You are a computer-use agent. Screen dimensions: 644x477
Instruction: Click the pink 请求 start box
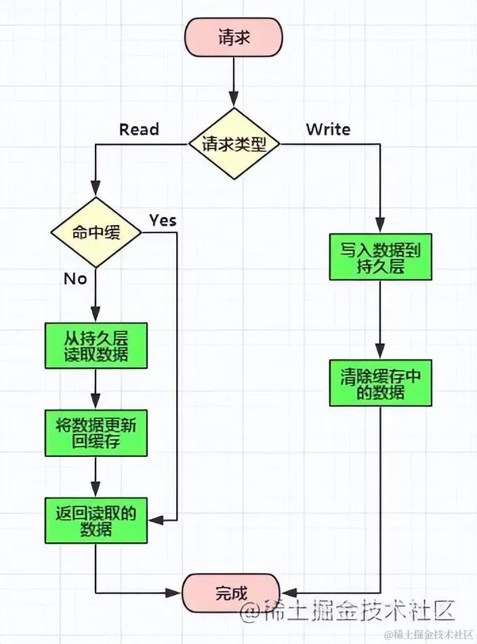[x=234, y=38]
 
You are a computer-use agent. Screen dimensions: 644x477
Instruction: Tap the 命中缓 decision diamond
[x=96, y=233]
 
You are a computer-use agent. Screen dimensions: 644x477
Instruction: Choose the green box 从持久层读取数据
[x=96, y=345]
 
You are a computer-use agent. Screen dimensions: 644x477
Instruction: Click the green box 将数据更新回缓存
[x=96, y=432]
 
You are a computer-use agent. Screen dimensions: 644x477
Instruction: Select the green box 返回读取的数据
[x=96, y=520]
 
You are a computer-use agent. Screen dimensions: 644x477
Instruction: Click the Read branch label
[x=139, y=129]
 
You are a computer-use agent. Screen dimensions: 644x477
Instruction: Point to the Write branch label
[x=328, y=129]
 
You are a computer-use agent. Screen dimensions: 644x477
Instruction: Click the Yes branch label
[x=163, y=220]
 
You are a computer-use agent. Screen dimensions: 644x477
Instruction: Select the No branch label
[x=75, y=279]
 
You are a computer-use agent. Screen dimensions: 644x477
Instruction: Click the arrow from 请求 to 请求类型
[x=234, y=81]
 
